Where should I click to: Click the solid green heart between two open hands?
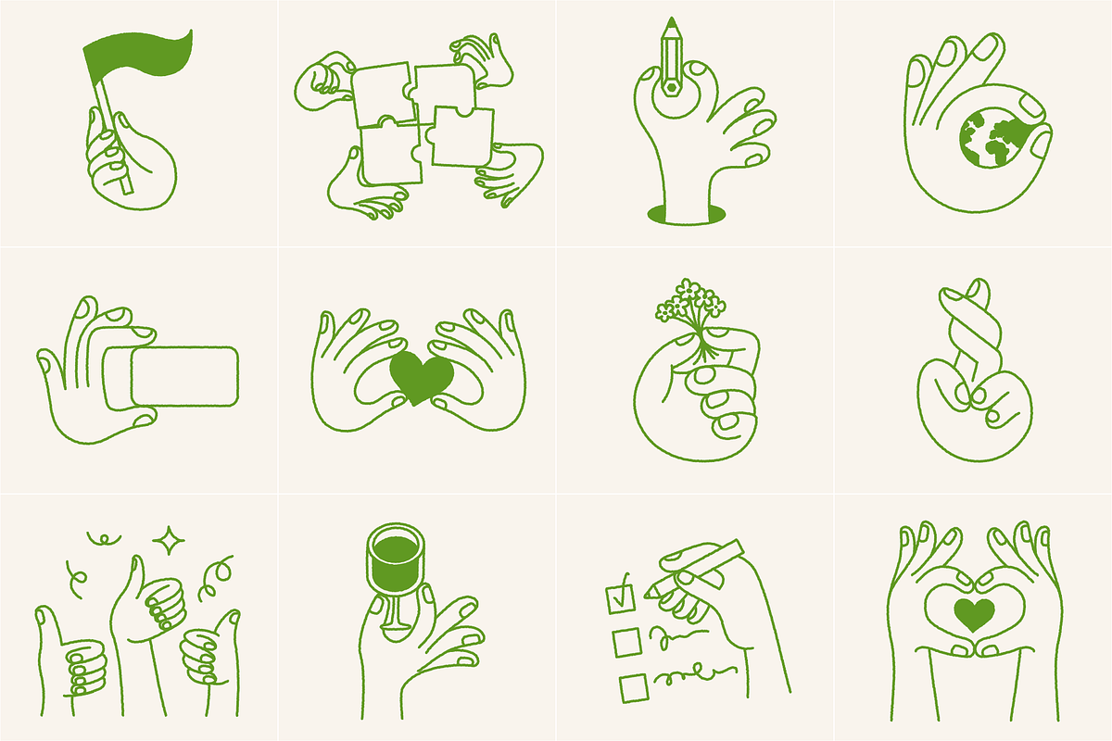(422, 375)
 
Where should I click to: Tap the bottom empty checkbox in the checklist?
(633, 687)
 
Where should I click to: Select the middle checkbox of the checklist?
(626, 642)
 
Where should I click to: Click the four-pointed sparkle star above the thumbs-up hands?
(170, 540)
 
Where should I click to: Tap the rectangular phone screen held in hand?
(184, 376)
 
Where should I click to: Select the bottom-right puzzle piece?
(461, 137)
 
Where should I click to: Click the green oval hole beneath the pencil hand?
(687, 216)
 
